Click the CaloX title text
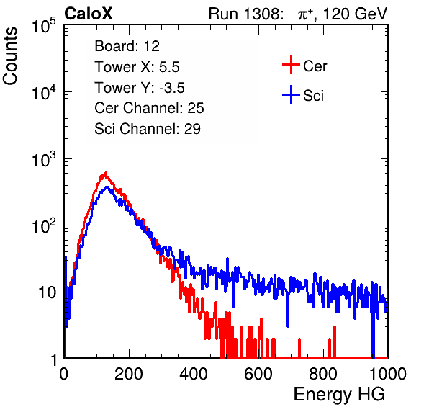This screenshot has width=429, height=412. click(x=88, y=13)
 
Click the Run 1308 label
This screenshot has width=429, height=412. click(x=244, y=14)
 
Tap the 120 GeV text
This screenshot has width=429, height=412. click(x=355, y=14)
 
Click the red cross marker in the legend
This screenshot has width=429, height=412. click(x=291, y=65)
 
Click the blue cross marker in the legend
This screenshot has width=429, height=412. click(x=291, y=94)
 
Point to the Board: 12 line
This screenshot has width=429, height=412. click(x=127, y=46)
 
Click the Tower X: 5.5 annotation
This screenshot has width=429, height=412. click(x=137, y=67)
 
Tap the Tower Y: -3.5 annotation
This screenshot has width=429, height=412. click(x=140, y=88)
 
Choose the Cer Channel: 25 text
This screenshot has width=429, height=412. click(x=149, y=108)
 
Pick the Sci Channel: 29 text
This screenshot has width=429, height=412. click(x=148, y=129)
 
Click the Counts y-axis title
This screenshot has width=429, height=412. click(x=10, y=56)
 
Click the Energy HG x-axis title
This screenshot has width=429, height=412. click(x=339, y=395)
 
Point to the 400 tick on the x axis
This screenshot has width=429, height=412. click(x=194, y=374)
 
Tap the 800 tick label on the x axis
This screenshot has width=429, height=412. click(x=323, y=374)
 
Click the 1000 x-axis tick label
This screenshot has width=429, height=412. click(x=388, y=374)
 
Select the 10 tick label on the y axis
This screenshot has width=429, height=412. click(x=47, y=292)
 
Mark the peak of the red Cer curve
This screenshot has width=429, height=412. click(x=106, y=173)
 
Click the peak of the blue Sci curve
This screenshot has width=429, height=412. click(x=107, y=187)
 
